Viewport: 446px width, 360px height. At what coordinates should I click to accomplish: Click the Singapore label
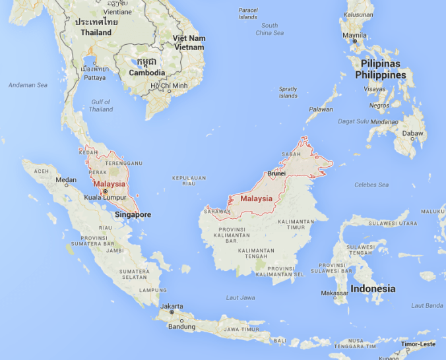[133, 214]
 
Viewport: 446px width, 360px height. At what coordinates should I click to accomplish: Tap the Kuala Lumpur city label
[105, 197]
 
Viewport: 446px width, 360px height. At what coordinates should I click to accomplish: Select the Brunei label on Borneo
[276, 173]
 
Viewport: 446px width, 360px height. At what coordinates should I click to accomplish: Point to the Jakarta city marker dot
[172, 312]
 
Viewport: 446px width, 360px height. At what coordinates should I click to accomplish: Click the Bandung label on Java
[181, 326]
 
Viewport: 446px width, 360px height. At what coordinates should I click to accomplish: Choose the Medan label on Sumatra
[66, 179]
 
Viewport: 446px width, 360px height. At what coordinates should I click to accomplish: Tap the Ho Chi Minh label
[169, 86]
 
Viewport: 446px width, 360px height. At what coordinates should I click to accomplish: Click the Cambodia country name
[147, 73]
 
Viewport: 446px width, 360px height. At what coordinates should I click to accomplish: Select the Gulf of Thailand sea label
[101, 105]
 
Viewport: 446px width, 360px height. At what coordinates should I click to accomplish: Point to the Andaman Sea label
[28, 85]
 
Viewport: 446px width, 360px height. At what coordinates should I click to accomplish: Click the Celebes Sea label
[371, 185]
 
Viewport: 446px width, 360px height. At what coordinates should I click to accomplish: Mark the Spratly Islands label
[288, 92]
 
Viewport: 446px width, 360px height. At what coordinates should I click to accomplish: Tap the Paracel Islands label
[248, 14]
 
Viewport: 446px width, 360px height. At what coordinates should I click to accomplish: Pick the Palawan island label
[321, 109]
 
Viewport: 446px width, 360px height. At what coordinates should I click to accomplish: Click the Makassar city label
[334, 293]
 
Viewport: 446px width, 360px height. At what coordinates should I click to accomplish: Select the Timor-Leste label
[418, 344]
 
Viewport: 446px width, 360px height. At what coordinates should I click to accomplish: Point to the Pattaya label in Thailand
[94, 77]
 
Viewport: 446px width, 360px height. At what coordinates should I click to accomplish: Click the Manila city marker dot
[354, 42]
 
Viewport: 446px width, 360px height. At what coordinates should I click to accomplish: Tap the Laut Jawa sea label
[240, 297]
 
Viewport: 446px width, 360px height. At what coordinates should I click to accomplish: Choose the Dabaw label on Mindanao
[414, 133]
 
